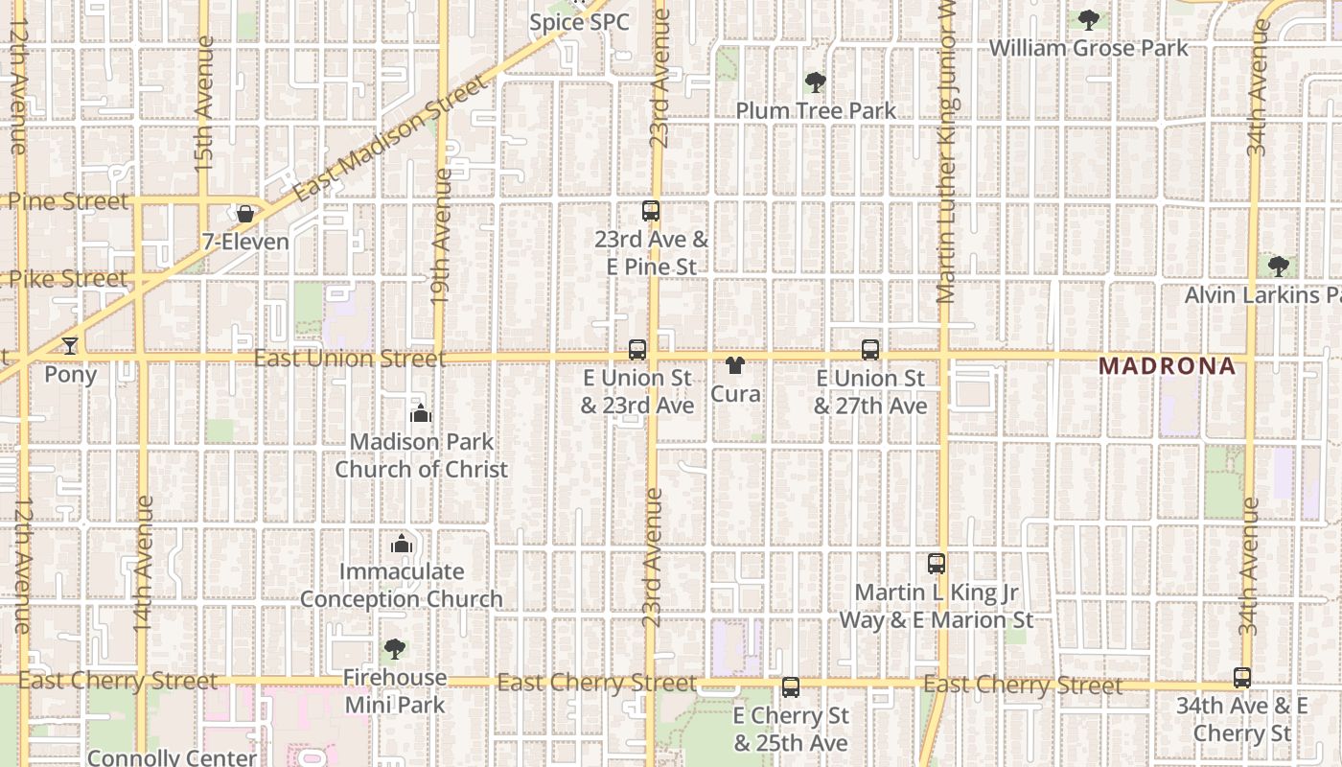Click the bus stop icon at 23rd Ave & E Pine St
click(x=651, y=211)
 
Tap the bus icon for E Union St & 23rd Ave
click(x=637, y=350)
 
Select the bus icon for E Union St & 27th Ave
click(x=870, y=350)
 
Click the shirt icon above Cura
click(x=735, y=365)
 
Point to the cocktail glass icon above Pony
click(x=70, y=345)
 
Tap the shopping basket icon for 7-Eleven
click(x=245, y=214)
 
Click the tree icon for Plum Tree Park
click(x=816, y=82)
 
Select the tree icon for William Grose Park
click(x=1088, y=19)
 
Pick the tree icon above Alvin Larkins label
click(x=1278, y=266)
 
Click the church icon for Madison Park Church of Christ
click(x=420, y=413)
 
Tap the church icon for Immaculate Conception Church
click(x=402, y=544)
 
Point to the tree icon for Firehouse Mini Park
click(x=394, y=649)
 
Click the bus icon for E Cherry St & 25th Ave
click(x=791, y=686)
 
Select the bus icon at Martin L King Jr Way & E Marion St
click(x=937, y=564)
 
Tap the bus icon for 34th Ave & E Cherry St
click(x=1242, y=678)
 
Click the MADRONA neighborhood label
click(x=1167, y=365)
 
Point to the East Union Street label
click(x=350, y=359)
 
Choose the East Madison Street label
click(x=390, y=140)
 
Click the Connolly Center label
click(x=172, y=757)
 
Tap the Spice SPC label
click(x=580, y=21)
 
